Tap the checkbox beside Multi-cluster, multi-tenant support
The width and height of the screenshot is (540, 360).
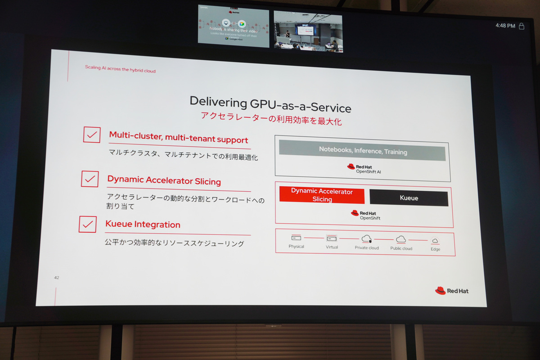click(x=92, y=135)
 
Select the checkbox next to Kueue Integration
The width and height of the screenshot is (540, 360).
click(x=88, y=224)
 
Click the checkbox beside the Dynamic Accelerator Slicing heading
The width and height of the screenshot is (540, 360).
click(x=90, y=179)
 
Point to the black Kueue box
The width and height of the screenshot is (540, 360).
click(x=409, y=198)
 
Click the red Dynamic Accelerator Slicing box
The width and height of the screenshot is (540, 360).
click(x=322, y=195)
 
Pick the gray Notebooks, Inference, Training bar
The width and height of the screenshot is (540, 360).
click(x=362, y=151)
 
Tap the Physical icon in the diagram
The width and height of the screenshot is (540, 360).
click(x=296, y=238)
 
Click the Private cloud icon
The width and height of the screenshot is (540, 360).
click(x=366, y=239)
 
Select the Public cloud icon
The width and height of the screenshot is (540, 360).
click(x=401, y=239)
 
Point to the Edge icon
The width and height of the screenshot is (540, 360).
click(x=435, y=241)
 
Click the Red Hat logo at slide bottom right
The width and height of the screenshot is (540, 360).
click(x=452, y=291)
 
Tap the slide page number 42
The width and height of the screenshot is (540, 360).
click(x=57, y=278)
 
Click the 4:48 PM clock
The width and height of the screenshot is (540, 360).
click(x=505, y=26)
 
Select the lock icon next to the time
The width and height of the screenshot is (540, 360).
click(x=522, y=26)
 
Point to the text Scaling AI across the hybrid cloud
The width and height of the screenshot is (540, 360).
click(x=120, y=69)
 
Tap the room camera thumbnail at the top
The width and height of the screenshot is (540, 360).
click(x=308, y=31)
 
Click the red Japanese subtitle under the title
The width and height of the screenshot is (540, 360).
click(x=271, y=120)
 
